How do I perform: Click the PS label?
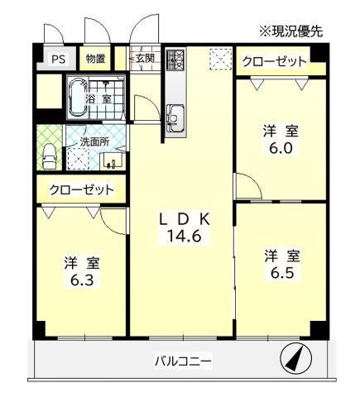(x=59, y=60)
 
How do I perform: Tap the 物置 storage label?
(x=95, y=59)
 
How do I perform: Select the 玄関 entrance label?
(x=145, y=58)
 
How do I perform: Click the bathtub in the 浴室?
(x=77, y=98)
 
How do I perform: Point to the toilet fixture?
(x=50, y=156)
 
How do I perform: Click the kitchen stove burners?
(x=175, y=59)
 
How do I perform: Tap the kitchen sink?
(x=175, y=118)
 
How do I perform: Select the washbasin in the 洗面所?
(x=114, y=160)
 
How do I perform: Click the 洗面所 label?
(x=94, y=141)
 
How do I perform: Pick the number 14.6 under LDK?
(x=184, y=236)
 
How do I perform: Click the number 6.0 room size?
(x=281, y=149)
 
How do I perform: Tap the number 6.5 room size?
(x=282, y=273)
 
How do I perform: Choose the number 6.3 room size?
(x=82, y=280)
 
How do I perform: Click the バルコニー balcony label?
(x=183, y=361)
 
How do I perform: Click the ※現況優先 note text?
(x=290, y=31)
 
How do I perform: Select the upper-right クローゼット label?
(x=274, y=62)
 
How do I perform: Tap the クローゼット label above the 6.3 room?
(x=82, y=190)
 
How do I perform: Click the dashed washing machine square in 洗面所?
(x=79, y=159)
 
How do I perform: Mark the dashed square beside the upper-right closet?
(x=220, y=60)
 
